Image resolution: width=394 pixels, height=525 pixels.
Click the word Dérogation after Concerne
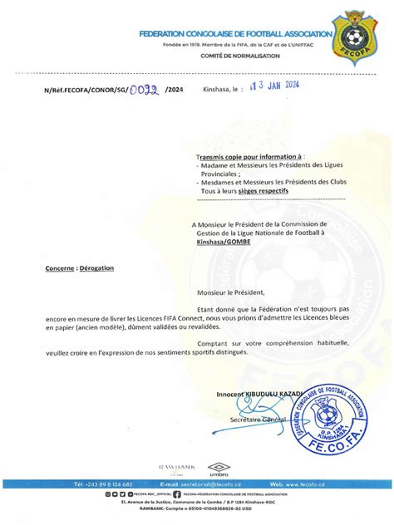tap(98, 268)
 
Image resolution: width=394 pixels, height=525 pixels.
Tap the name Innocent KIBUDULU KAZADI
tap(258, 394)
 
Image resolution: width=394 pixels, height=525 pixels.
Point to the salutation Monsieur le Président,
tap(230, 292)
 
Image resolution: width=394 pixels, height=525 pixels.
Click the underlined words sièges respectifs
tap(263, 189)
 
